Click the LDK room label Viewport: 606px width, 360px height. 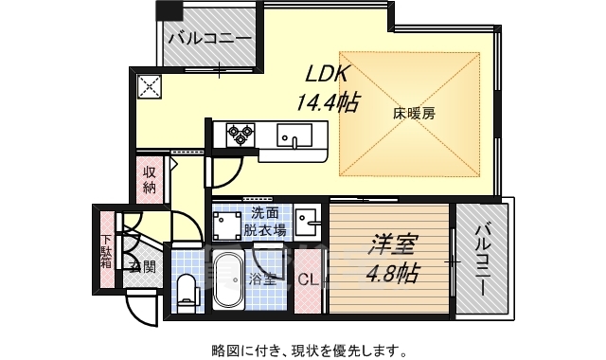(327, 73)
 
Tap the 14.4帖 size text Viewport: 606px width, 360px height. (328, 100)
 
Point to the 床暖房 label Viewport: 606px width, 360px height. (414, 114)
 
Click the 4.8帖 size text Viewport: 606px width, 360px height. (390, 275)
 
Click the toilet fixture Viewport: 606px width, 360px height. (186, 284)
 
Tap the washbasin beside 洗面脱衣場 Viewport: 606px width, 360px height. (308, 221)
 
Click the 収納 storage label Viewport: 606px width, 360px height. (150, 180)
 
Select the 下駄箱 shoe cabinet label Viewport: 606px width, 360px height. (107, 245)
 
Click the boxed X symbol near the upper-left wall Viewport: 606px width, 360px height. (151, 88)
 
